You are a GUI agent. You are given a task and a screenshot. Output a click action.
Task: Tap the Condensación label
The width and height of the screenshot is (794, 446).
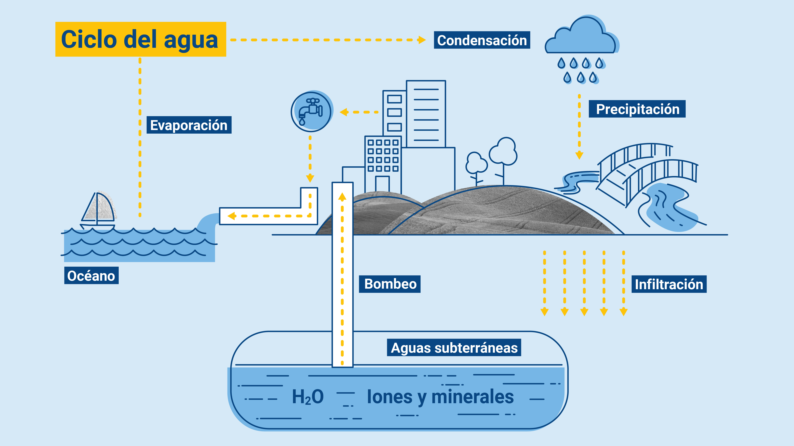(482, 40)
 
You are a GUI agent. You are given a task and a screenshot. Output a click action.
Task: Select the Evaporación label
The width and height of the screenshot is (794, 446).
(189, 125)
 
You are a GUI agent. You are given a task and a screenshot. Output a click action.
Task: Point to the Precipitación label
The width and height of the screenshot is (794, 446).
(637, 109)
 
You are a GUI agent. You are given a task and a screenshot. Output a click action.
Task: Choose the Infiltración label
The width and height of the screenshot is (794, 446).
(669, 284)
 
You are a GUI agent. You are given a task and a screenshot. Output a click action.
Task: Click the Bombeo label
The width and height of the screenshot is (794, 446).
(390, 284)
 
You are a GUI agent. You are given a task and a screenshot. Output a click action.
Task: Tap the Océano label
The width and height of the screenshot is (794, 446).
(91, 276)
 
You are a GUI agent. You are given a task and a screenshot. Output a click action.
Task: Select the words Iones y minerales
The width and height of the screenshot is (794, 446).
(440, 397)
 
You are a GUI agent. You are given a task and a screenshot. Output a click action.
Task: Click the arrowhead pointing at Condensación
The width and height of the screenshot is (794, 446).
(422, 40)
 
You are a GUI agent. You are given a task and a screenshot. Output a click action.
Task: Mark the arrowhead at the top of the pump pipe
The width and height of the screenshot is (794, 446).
(342, 196)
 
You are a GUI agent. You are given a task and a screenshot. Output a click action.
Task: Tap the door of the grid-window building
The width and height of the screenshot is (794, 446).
(382, 184)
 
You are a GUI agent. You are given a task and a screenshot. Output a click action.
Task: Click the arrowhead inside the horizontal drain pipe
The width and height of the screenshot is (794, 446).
(232, 216)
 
